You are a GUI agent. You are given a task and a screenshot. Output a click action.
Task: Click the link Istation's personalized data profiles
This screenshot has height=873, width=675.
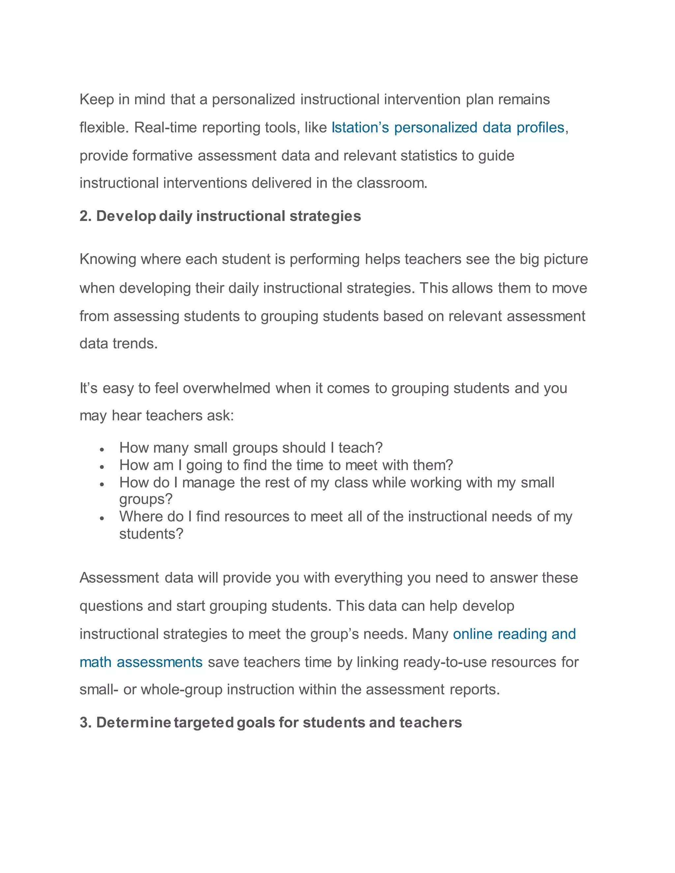[448, 127]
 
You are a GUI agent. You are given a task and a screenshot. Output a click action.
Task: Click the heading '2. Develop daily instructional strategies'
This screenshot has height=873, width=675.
[220, 216]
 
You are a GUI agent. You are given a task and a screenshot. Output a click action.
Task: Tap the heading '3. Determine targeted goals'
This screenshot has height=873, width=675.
[271, 723]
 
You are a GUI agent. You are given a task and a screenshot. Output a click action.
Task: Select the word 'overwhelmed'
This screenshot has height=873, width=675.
[227, 388]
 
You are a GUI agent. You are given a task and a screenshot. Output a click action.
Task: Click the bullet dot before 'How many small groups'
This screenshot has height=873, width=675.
[103, 450]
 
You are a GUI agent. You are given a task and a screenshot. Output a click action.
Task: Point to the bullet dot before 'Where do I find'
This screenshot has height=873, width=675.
[103, 519]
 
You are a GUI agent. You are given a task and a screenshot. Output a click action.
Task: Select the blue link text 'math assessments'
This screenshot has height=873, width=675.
[141, 662]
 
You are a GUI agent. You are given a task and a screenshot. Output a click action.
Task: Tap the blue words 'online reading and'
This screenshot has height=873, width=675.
[514, 634]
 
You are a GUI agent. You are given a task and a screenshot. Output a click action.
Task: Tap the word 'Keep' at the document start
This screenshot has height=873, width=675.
[96, 99]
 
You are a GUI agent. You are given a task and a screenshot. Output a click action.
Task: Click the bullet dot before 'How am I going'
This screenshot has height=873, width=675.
[103, 467]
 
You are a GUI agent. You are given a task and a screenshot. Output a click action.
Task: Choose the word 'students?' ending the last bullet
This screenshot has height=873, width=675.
[151, 534]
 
